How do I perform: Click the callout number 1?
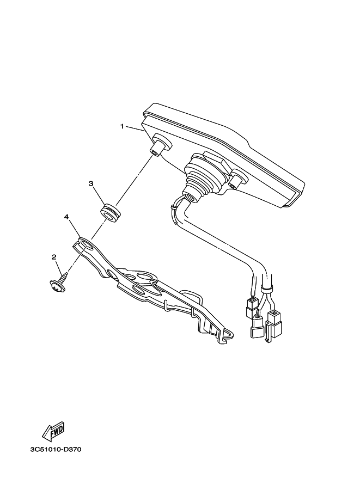[123, 127]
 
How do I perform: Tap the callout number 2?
[54, 256]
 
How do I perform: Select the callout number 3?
[91, 184]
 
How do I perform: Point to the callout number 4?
[66, 217]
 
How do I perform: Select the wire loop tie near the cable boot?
[174, 206]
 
